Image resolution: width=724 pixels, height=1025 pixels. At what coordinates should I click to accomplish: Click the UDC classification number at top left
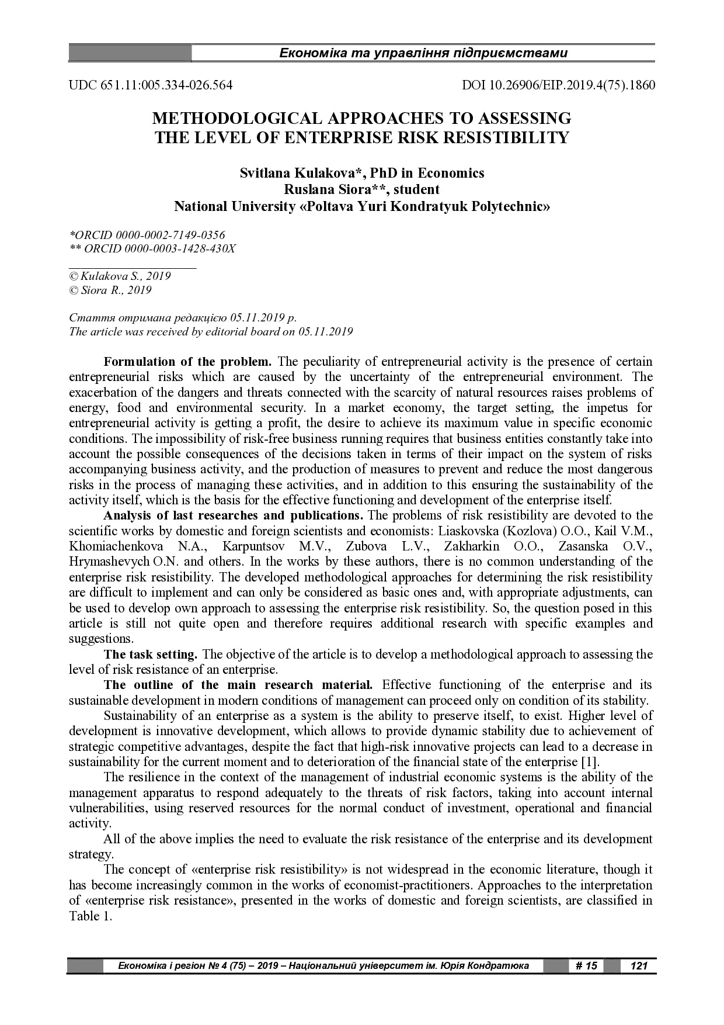coord(151,85)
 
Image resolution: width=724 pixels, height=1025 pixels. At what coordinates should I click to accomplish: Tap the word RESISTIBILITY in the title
coord(506,138)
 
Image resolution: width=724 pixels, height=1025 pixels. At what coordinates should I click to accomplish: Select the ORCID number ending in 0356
coord(147,235)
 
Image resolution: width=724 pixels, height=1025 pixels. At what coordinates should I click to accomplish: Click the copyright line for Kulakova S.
coord(120,276)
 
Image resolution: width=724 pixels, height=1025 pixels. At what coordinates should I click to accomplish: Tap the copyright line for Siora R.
coord(110,290)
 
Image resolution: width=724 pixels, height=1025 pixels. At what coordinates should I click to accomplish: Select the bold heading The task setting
coord(151,654)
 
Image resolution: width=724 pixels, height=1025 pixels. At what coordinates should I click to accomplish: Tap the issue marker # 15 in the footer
coord(586,965)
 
